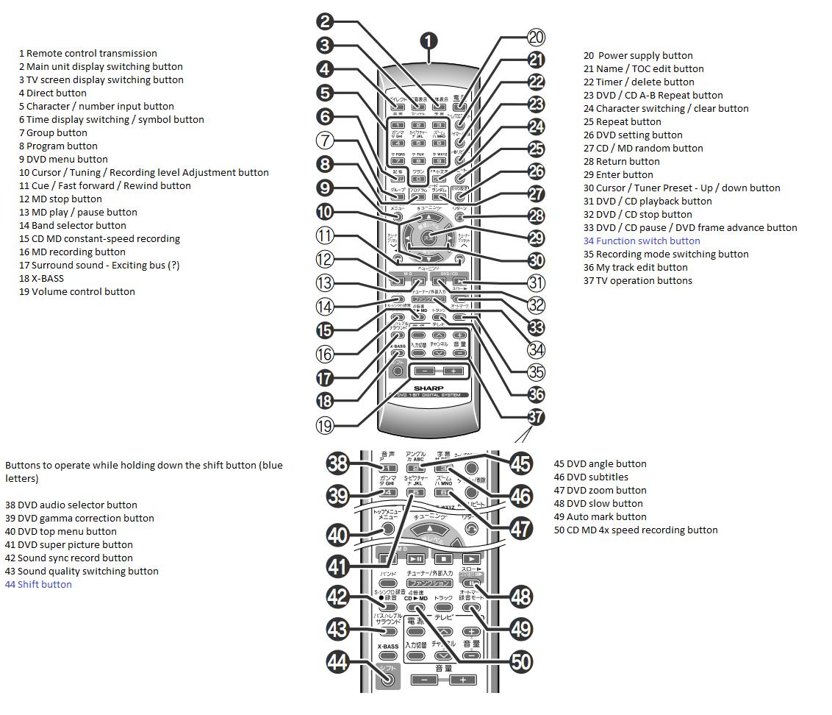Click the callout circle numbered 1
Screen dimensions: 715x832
429,41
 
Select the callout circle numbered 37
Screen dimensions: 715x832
537,417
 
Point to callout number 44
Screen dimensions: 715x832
337,662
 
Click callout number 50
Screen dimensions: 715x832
521,662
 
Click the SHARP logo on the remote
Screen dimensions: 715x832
429,387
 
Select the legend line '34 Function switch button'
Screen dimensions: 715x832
642,241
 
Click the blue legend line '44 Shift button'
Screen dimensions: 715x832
38,584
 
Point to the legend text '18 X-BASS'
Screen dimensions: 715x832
41,278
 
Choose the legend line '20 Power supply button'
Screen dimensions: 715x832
638,55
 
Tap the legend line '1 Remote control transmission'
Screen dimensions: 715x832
87,53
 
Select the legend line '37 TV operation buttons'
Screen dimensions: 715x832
637,280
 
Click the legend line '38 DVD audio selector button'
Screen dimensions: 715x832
71,505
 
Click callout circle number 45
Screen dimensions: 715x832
521,463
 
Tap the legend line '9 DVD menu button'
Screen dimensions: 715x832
63,159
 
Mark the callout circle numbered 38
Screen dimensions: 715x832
337,463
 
